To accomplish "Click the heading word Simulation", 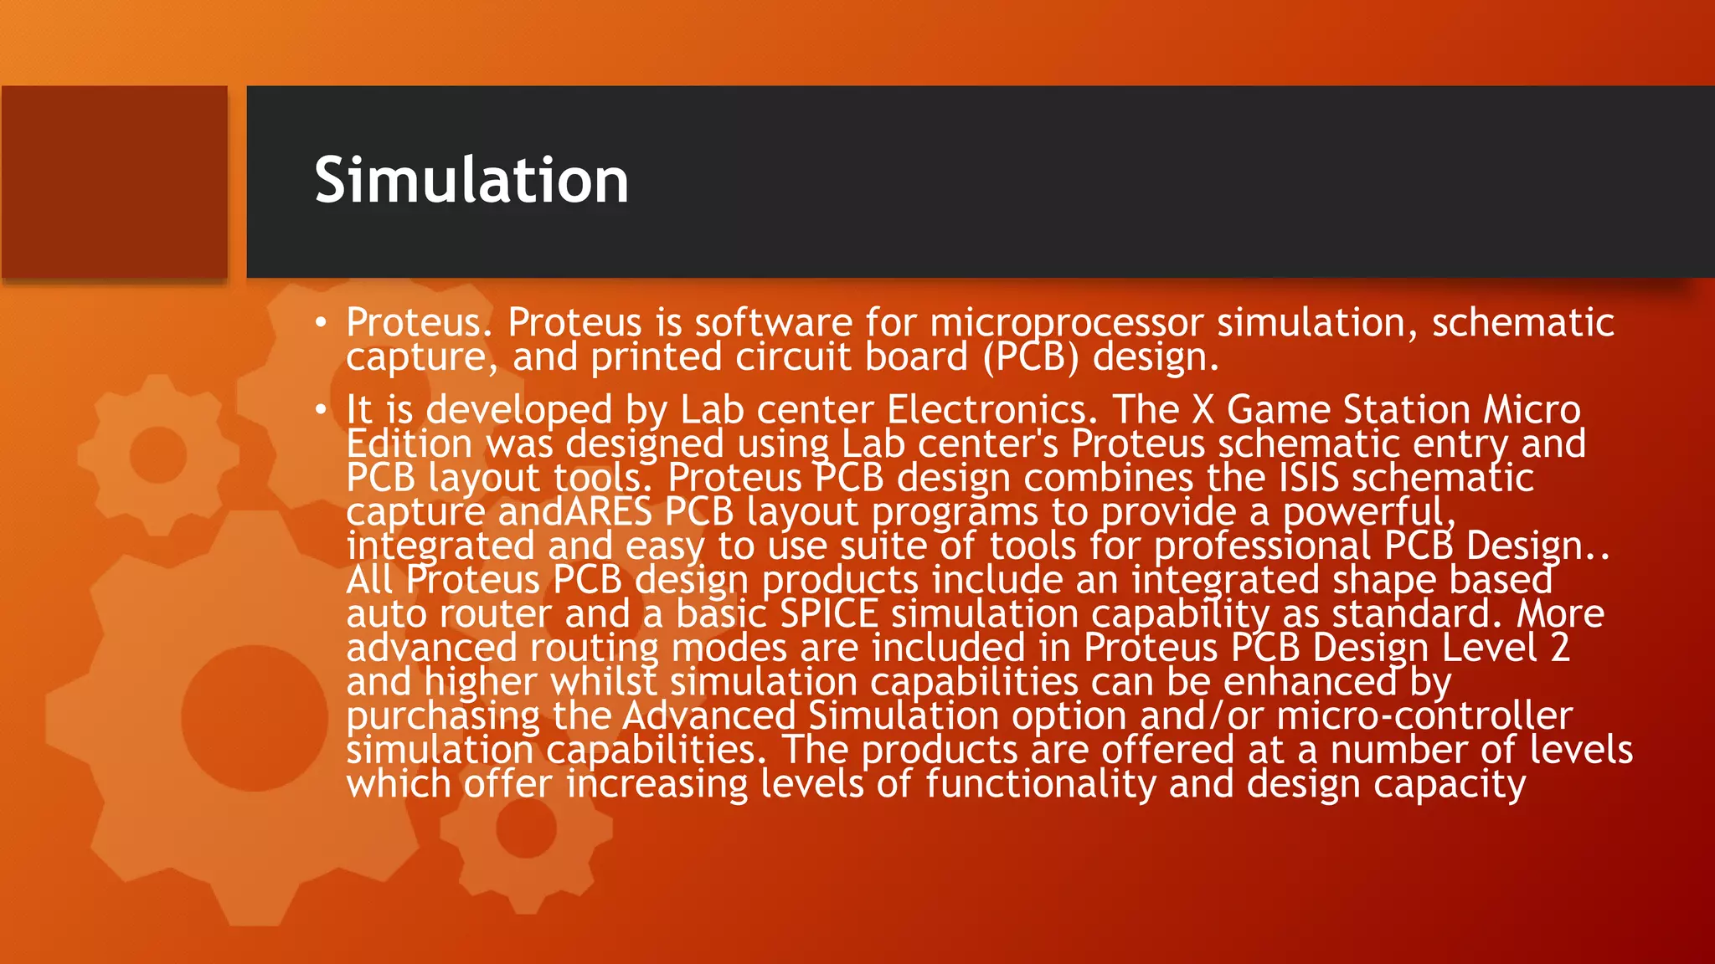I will coord(471,181).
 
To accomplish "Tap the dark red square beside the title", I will coord(115,182).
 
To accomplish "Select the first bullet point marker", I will coord(321,323).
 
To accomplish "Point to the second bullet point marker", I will coord(321,410).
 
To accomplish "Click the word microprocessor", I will coord(1066,324).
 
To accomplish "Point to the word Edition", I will coord(409,444).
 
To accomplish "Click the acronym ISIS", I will coord(1308,479).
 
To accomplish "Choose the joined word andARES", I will coord(574,512).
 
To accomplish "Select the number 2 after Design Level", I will coord(1559,649).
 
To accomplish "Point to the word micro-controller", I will coord(1424,716).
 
